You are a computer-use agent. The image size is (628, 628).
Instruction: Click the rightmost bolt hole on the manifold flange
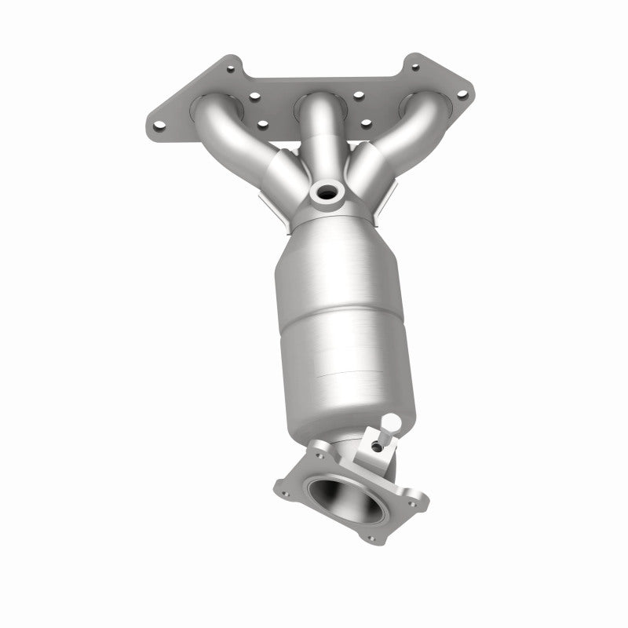tap(462, 95)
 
